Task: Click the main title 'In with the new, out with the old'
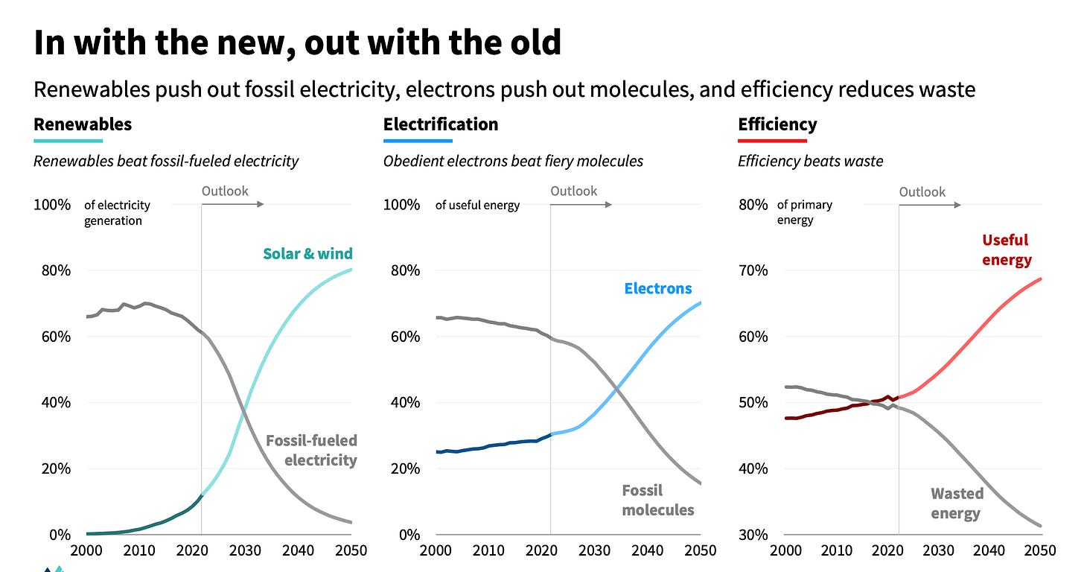(x=297, y=43)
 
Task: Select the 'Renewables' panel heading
(x=83, y=124)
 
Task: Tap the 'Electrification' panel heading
(x=441, y=124)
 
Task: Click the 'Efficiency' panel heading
(x=777, y=124)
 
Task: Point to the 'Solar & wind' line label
(x=307, y=254)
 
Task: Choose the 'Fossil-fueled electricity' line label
(x=311, y=451)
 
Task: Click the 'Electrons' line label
(x=658, y=288)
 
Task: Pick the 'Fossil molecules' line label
(x=658, y=500)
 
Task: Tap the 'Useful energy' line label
(x=1007, y=250)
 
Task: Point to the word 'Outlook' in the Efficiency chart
(x=922, y=192)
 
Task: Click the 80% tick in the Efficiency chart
(x=753, y=205)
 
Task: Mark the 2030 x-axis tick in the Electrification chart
(x=593, y=551)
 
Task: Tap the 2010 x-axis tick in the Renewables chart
(x=138, y=551)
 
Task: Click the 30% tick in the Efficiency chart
(x=753, y=535)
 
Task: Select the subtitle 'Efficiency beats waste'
(x=810, y=161)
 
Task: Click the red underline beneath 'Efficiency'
(x=772, y=141)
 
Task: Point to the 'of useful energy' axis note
(x=477, y=205)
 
